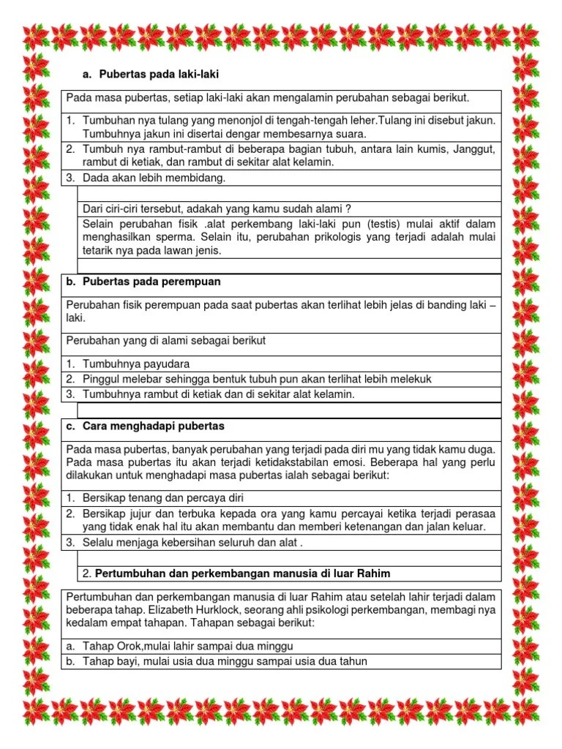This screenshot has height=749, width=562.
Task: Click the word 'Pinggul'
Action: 100,379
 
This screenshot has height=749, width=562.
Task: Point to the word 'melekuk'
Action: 411,379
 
